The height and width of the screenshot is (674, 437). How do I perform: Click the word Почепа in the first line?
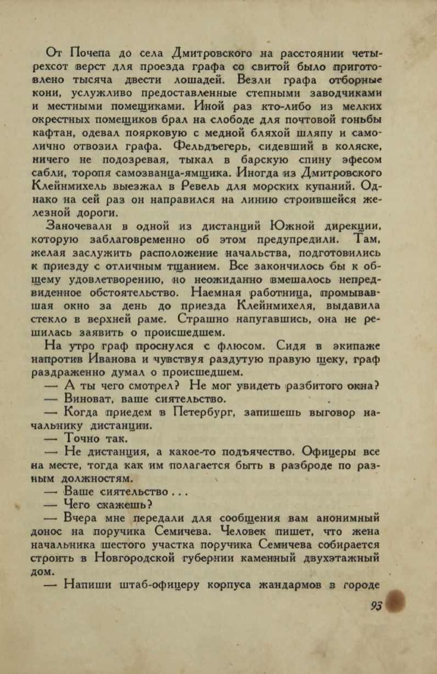coord(89,53)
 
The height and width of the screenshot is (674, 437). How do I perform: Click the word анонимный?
coord(345,519)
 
